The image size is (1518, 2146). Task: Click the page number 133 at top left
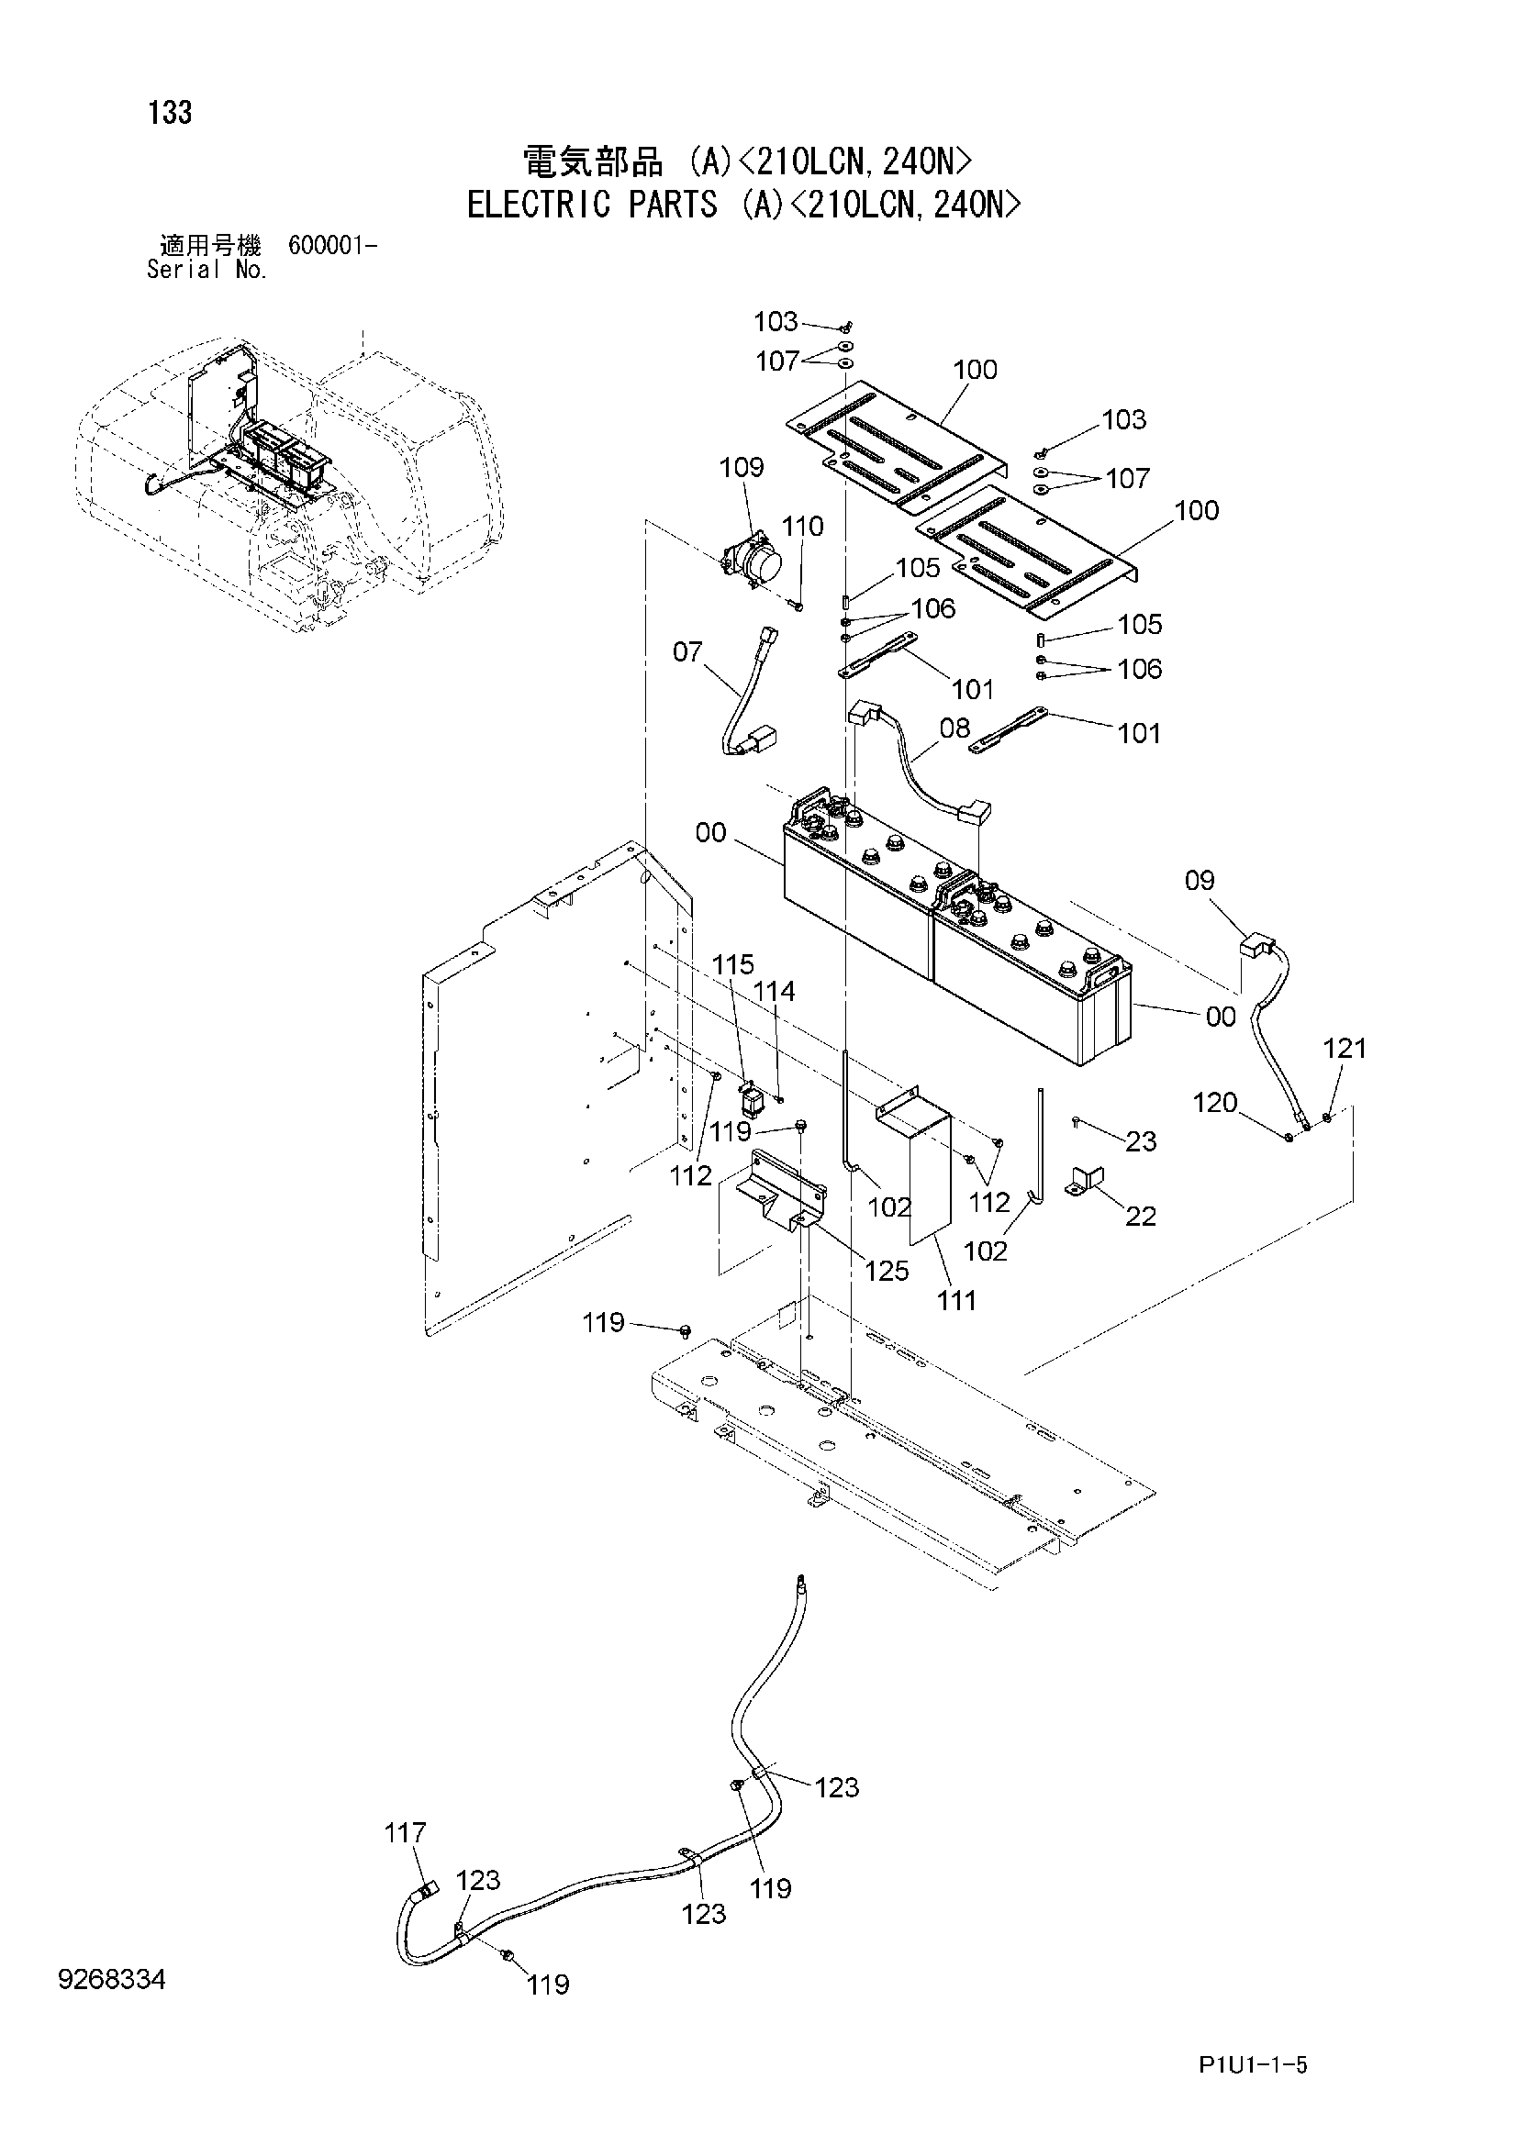coord(169,113)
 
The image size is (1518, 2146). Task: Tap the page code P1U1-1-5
coord(1254,2065)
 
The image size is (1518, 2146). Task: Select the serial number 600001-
coord(333,246)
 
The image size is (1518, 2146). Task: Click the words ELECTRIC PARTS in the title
coord(593,204)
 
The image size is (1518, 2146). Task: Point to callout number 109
coord(742,467)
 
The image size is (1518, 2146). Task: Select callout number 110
coord(803,527)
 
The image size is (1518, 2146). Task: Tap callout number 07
coord(687,651)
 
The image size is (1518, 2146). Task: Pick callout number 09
coord(1200,880)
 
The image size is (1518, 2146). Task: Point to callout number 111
coord(956,1300)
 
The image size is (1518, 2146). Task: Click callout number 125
coord(887,1270)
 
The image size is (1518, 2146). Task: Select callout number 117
coord(405,1833)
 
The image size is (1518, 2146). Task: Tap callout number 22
coord(1141,1216)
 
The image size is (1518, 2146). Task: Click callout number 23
coord(1141,1141)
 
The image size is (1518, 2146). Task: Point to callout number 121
coord(1345,1049)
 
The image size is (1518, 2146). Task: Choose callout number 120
coord(1214,1103)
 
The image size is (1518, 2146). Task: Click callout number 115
coord(732,964)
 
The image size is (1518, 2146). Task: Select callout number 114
coord(774,992)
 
